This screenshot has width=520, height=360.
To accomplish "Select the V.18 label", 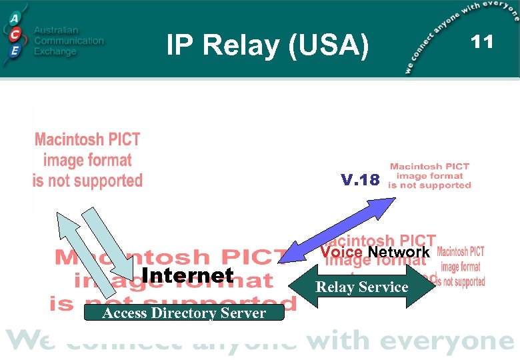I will [360, 180].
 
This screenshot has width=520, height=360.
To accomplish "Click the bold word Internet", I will [188, 275].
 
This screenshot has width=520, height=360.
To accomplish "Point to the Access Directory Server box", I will [184, 313].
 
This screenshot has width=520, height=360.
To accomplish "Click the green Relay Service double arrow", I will [361, 287].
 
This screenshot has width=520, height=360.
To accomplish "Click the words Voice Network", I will [375, 252].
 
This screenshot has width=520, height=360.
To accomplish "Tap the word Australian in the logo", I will [56, 31].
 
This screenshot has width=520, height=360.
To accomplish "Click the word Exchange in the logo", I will [55, 51].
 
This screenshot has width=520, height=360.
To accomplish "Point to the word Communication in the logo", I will [69, 41].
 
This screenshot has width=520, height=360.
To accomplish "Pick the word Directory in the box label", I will [187, 313].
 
